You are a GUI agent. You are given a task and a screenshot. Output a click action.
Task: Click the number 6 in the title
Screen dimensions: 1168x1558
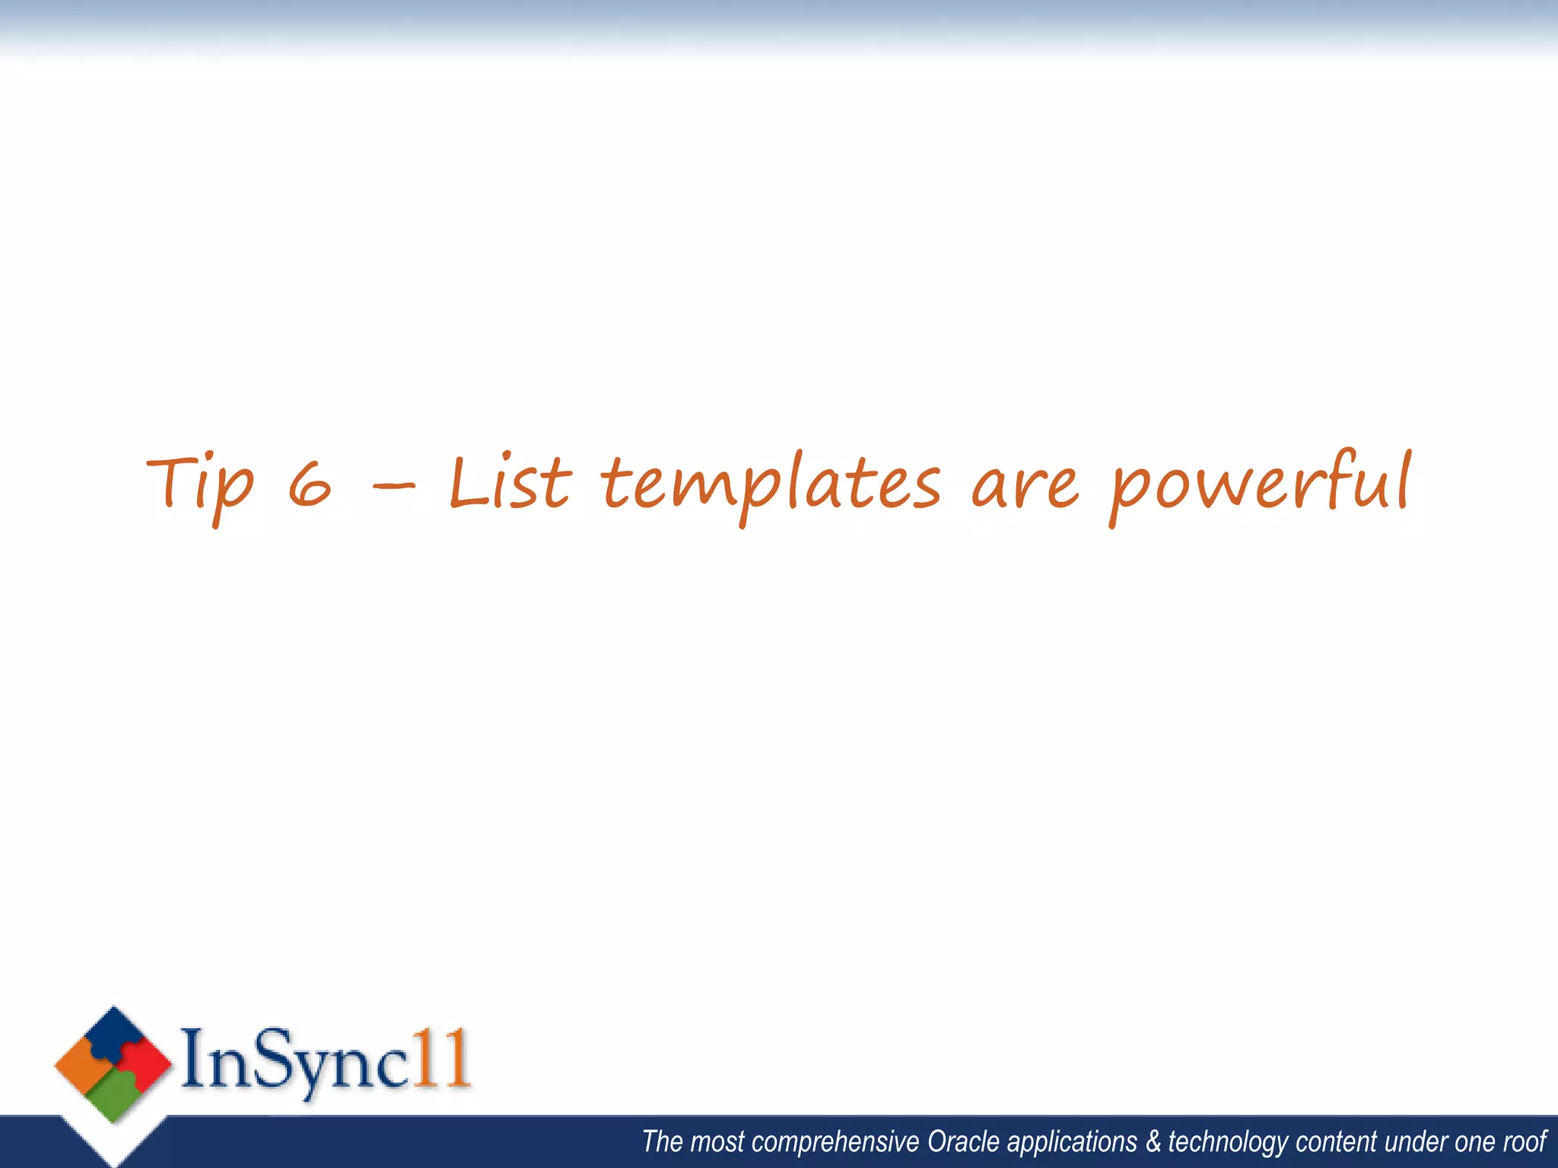[310, 487]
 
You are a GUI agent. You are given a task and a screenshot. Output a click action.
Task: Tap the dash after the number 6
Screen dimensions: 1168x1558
[394, 484]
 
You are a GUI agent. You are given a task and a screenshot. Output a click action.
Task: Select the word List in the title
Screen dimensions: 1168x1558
[510, 484]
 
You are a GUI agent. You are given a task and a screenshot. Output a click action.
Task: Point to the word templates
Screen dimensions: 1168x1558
[770, 485]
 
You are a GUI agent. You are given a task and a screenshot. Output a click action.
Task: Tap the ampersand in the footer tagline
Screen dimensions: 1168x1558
[1153, 1141]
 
